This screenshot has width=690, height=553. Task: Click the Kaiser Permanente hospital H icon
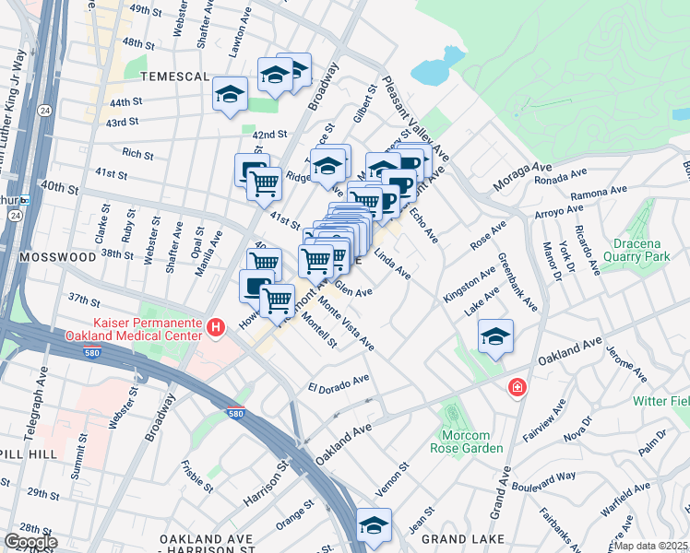tap(215, 326)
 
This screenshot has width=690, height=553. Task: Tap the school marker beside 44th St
tap(230, 93)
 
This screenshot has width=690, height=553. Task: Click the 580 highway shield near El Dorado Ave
tap(237, 414)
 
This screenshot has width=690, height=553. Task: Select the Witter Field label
tap(660, 401)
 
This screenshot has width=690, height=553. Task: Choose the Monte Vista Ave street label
tap(346, 324)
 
